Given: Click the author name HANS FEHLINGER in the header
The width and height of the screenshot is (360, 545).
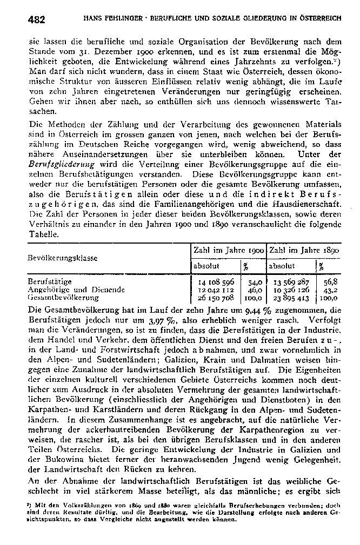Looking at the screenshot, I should (108, 18).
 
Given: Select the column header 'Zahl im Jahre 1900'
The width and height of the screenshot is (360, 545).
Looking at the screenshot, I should (228, 252).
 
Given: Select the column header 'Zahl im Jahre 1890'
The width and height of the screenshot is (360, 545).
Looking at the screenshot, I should (303, 252).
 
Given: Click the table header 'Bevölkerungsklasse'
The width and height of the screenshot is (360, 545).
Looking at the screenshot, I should (60, 258).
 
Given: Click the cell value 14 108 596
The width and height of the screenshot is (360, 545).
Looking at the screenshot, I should (215, 282).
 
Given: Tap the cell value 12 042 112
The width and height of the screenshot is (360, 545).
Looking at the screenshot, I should (215, 290).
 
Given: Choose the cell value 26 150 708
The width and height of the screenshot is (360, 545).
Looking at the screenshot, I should (215, 297).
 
